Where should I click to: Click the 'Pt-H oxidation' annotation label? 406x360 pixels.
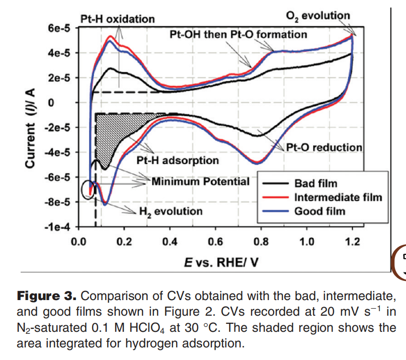point(117,19)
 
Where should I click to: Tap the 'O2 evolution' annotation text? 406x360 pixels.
point(317,15)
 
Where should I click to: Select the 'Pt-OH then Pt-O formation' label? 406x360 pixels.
point(238,34)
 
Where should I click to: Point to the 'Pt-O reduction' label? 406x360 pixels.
point(324,148)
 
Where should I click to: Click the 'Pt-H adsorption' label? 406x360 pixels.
point(178,161)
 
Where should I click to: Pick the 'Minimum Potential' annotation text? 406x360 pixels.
point(200,181)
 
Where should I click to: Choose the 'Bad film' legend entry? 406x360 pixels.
point(315,183)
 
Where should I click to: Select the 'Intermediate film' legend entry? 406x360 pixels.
point(338,197)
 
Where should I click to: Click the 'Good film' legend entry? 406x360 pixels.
point(319,210)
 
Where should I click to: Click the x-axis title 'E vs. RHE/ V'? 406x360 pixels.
point(216,262)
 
